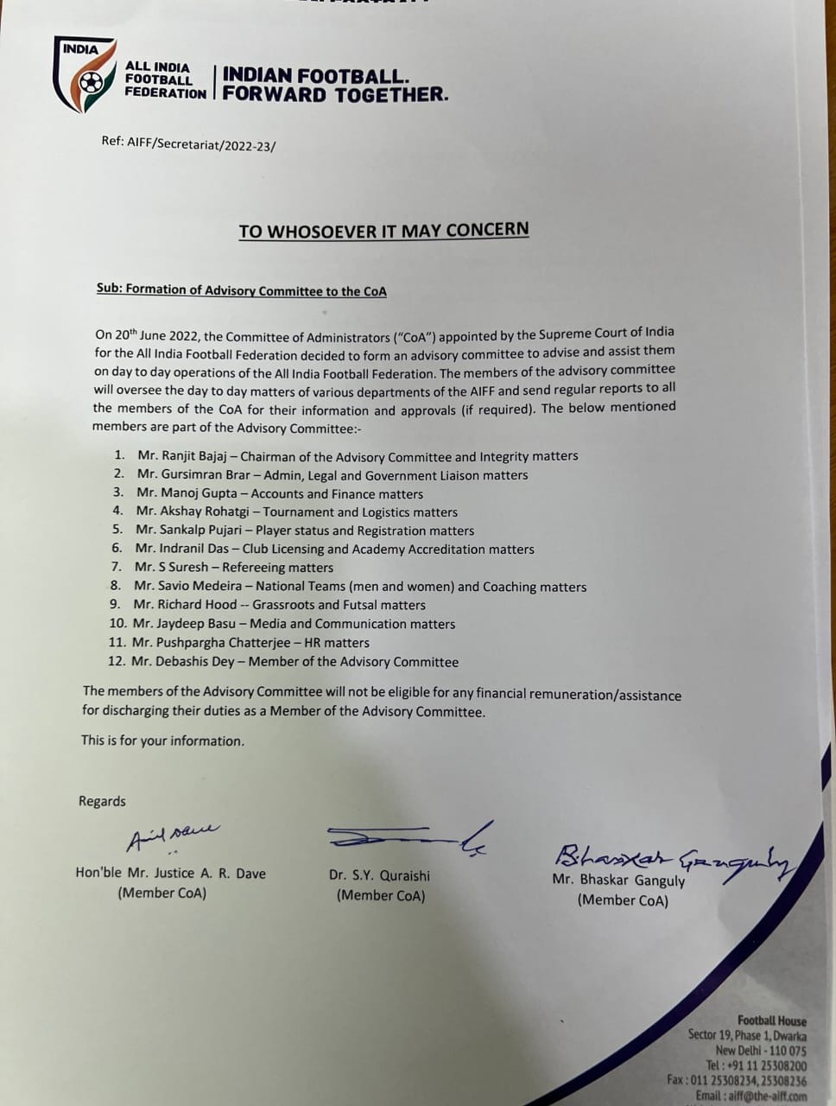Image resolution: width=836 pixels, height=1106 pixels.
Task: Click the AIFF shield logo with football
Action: (x=84, y=75)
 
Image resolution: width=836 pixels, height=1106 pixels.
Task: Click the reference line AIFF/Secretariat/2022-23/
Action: (x=188, y=143)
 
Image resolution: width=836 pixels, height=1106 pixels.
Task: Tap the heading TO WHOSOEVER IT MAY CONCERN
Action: (x=383, y=231)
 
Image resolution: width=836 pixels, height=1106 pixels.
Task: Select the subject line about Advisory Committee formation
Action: (x=241, y=290)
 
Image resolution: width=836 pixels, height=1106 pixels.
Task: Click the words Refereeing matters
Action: (x=277, y=568)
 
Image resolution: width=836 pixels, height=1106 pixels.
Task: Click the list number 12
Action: (x=117, y=662)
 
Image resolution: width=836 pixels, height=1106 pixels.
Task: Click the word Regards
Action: (x=102, y=801)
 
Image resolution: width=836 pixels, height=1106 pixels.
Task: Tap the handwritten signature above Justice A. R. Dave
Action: (x=173, y=836)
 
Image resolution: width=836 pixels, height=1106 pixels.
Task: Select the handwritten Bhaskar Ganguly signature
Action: (x=673, y=857)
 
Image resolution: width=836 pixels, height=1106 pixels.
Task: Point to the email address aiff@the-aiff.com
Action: (x=750, y=1096)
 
